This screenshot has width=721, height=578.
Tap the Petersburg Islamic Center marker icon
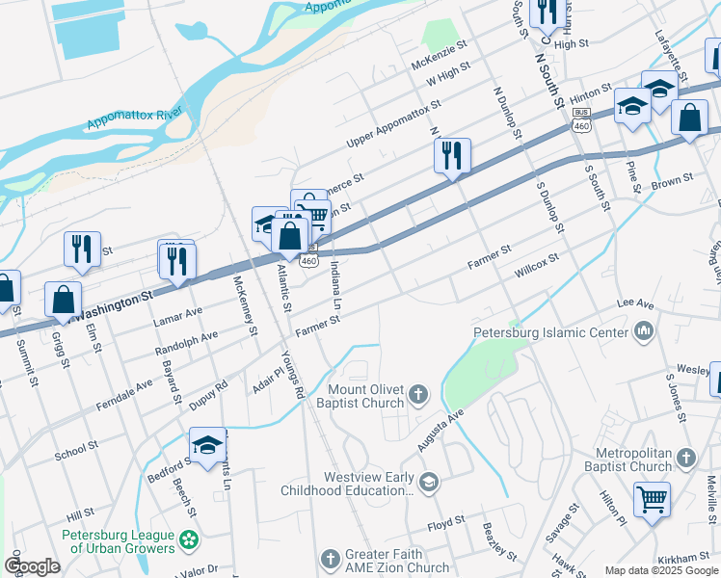644,333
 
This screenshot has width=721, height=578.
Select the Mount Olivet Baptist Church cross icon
417,392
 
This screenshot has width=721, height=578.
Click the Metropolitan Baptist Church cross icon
685,457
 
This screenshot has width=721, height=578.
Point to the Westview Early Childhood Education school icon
430,481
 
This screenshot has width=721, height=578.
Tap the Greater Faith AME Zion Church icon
330,559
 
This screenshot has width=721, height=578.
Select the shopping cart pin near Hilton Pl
653,500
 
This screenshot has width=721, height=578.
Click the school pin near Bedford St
207,444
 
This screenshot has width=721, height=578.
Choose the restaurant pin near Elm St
82,249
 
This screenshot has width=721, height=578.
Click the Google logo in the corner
32,565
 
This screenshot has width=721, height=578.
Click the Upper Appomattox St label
393,123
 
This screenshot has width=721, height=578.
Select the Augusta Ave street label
441,430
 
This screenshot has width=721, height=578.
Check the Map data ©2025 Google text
660,570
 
